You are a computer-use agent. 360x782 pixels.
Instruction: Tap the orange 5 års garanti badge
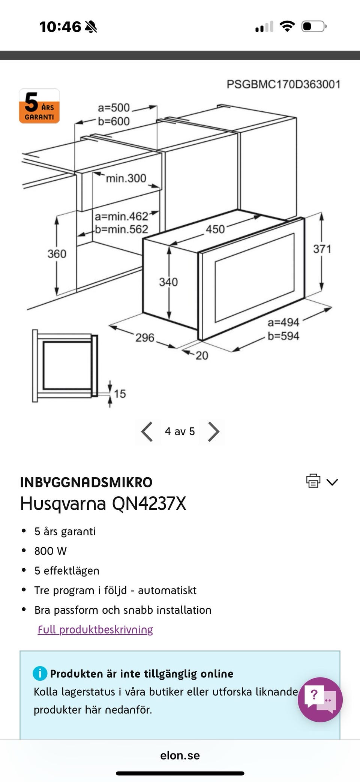(39, 106)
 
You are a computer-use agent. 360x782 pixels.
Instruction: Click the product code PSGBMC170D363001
(283, 84)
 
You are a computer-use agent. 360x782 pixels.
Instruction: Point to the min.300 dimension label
(126, 178)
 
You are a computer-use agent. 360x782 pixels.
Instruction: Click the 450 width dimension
(215, 229)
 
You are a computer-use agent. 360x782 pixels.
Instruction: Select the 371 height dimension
(322, 249)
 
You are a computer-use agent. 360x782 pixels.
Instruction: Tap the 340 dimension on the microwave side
(168, 282)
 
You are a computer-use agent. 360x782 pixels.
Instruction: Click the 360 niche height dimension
(57, 254)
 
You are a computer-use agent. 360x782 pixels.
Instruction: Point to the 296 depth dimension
(145, 338)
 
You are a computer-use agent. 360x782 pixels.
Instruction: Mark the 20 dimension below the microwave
(202, 355)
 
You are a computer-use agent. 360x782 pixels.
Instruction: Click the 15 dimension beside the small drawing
(120, 394)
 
